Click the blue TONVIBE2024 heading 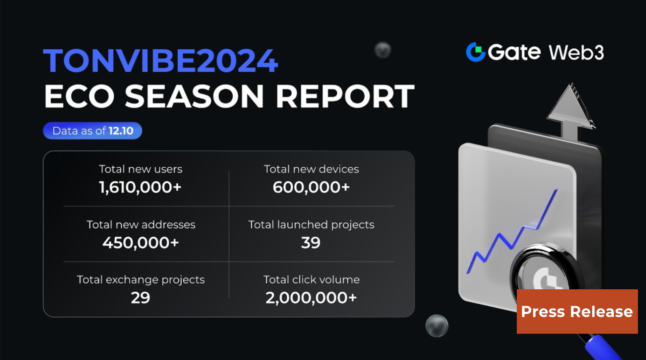pos(160,61)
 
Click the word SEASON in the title pos(194,97)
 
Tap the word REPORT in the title pos(345,97)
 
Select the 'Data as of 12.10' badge pos(92,131)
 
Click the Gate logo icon pos(476,52)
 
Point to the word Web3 pos(576,53)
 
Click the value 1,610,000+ pos(140,187)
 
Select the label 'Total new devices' pos(311,169)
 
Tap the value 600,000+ pos(311,187)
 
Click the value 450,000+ pos(140,242)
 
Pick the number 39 pos(310,242)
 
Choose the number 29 pos(140,298)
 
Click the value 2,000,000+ pos(311,298)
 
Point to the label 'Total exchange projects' pos(141,280)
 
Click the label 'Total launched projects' pos(311,224)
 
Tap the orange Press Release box pos(577,312)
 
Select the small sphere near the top pos(382,50)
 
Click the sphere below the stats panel pos(437,326)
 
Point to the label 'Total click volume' pos(311,280)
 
